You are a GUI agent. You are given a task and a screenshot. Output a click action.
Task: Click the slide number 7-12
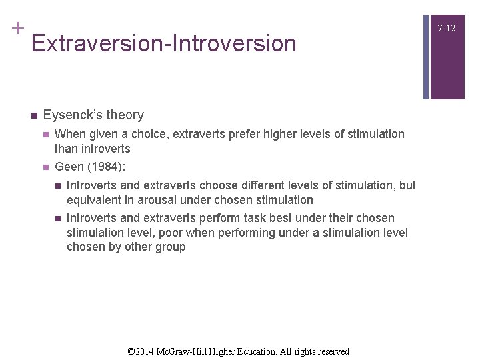pyautogui.click(x=447, y=28)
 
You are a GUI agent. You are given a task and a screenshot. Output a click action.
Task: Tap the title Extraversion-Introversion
pyautogui.click(x=163, y=44)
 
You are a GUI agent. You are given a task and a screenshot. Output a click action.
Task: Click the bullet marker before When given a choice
pyautogui.click(x=45, y=134)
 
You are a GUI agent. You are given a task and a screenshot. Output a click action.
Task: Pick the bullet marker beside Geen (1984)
pyautogui.click(x=45, y=167)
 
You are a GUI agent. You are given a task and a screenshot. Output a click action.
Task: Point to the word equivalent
pyautogui.click(x=95, y=199)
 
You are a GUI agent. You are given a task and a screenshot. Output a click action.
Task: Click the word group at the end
pyautogui.click(x=171, y=247)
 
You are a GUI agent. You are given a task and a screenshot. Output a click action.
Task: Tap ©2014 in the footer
pyautogui.click(x=141, y=351)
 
